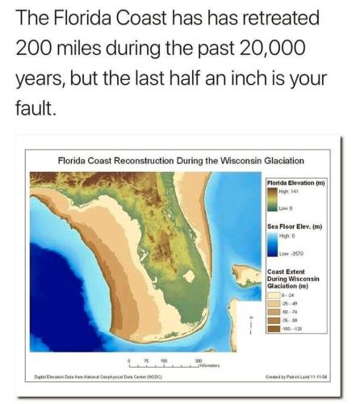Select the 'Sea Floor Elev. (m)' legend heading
(x=295, y=227)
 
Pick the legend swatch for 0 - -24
(x=273, y=296)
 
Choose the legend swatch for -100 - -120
(x=273, y=328)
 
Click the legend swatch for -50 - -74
(x=273, y=312)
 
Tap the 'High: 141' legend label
(x=287, y=191)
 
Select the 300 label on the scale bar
(x=198, y=360)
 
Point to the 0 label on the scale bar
(x=129, y=360)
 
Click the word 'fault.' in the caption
(x=35, y=107)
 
